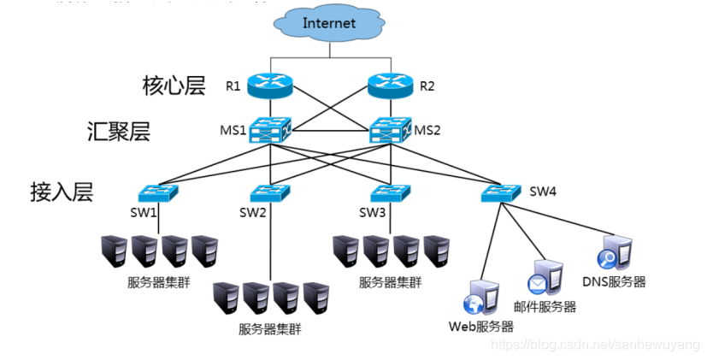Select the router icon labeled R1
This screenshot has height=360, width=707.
(x=269, y=85)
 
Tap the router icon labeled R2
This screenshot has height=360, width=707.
(x=390, y=85)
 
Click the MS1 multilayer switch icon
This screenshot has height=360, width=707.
(x=269, y=131)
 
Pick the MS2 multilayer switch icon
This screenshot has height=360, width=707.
(x=390, y=131)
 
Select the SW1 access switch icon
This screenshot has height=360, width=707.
(x=159, y=192)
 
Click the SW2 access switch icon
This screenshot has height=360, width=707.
(x=271, y=192)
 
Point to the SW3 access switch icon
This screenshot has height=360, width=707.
(x=390, y=192)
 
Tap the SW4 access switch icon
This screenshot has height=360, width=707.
(x=500, y=192)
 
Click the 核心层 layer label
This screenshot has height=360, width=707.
(x=173, y=86)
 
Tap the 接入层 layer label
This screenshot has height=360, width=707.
(x=60, y=191)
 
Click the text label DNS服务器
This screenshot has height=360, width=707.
(x=614, y=281)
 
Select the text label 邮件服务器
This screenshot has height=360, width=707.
(x=545, y=307)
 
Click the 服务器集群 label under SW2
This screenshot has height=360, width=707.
(x=270, y=328)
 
